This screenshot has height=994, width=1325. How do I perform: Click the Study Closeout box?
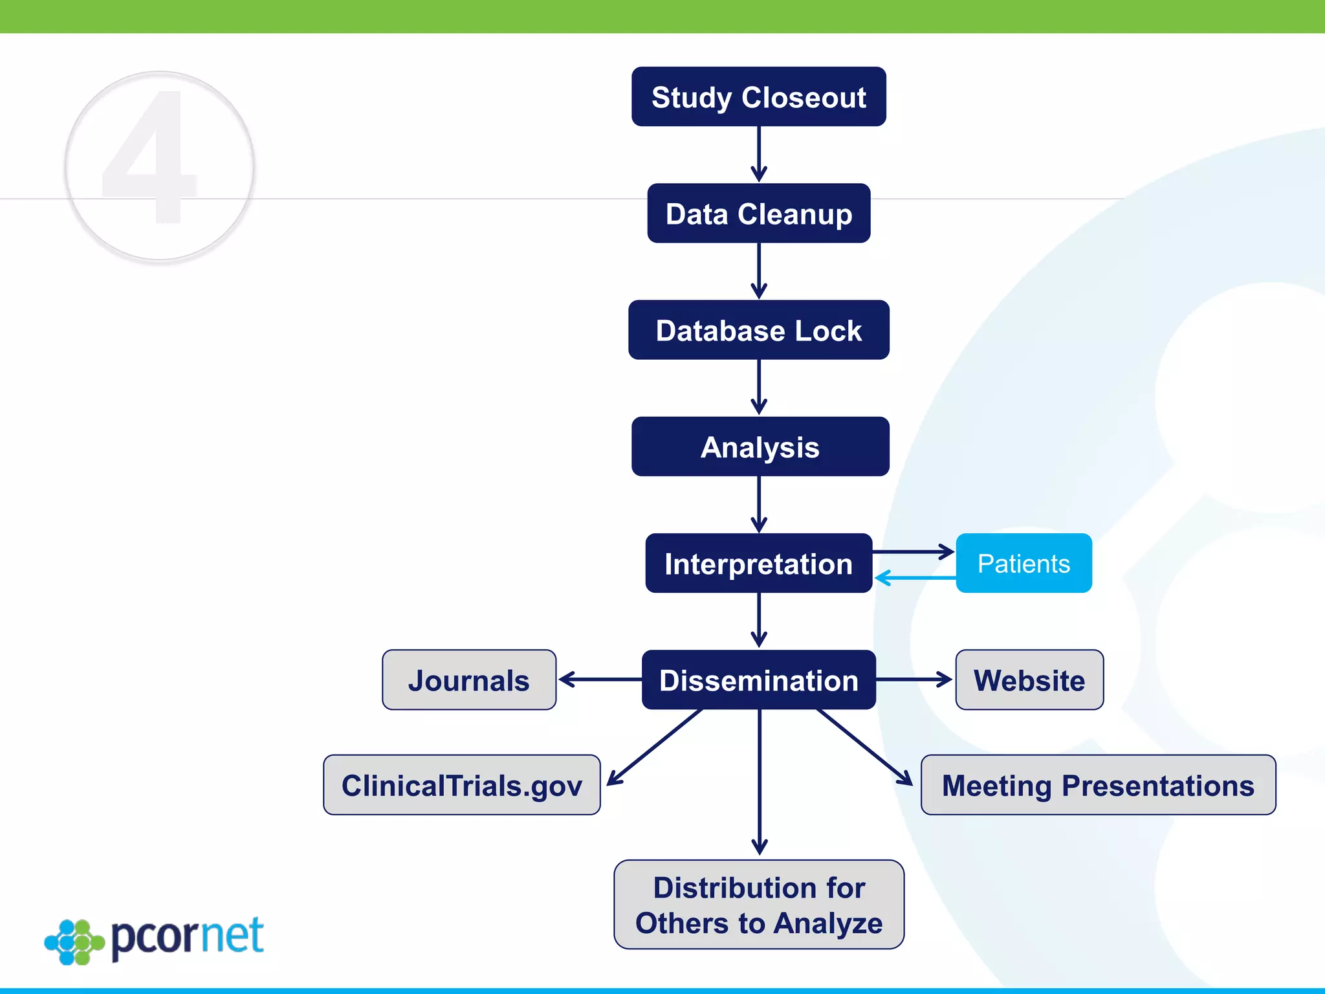(758, 97)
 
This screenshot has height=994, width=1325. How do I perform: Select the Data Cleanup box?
(758, 214)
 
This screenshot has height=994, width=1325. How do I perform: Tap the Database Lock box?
(758, 330)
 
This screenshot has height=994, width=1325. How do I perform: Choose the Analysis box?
(760, 447)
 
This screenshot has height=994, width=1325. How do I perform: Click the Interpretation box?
(758, 563)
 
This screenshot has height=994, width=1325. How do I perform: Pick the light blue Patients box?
(1024, 563)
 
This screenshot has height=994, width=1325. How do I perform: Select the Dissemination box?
(758, 680)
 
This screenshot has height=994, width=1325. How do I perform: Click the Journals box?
(468, 680)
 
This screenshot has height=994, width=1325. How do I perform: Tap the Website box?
(1029, 680)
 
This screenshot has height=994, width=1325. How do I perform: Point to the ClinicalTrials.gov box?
(461, 785)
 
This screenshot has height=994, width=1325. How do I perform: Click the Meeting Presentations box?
(1098, 785)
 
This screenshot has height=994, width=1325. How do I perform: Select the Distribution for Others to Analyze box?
(758, 905)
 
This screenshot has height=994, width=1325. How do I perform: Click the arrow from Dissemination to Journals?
(599, 679)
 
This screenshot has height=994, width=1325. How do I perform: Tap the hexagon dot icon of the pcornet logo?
(74, 942)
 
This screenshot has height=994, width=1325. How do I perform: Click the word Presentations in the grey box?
(1157, 786)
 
